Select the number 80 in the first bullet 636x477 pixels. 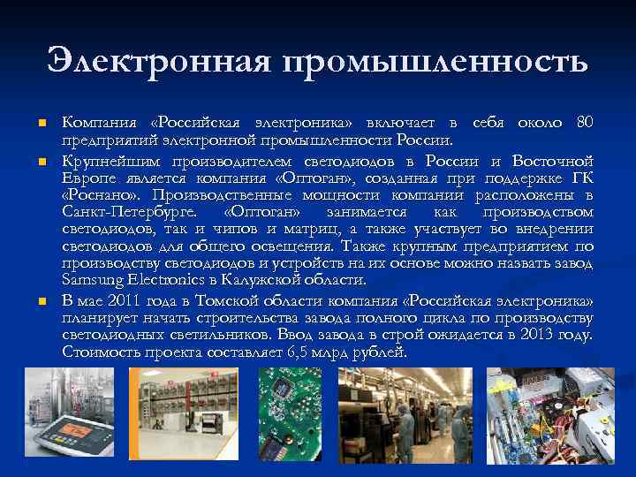(583, 122)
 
